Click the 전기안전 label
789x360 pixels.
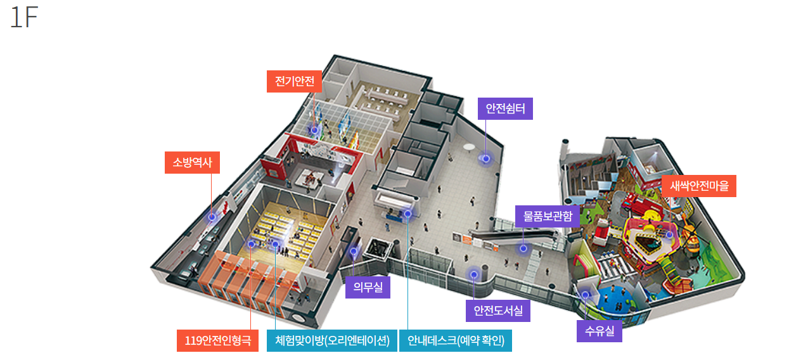click(x=295, y=81)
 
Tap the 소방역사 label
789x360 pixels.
click(x=192, y=163)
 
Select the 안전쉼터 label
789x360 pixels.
click(x=505, y=108)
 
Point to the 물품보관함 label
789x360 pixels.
click(x=548, y=216)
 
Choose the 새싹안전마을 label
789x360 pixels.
click(x=699, y=186)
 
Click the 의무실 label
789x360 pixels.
click(x=368, y=288)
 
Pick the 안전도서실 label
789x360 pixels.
click(x=497, y=311)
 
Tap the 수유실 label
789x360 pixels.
click(x=599, y=331)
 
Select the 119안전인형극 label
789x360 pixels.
click(x=217, y=340)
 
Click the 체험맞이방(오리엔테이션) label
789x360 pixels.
click(x=332, y=340)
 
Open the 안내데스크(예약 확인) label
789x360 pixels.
click(x=456, y=340)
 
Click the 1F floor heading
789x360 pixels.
click(x=24, y=19)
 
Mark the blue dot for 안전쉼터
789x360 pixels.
click(x=486, y=158)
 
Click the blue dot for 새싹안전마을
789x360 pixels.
click(x=669, y=235)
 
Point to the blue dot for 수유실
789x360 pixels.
click(x=585, y=295)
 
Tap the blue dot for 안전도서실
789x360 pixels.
click(x=473, y=274)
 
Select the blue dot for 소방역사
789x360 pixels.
click(x=212, y=217)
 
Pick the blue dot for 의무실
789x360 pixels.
click(x=354, y=252)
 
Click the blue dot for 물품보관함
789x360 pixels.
click(x=523, y=248)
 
